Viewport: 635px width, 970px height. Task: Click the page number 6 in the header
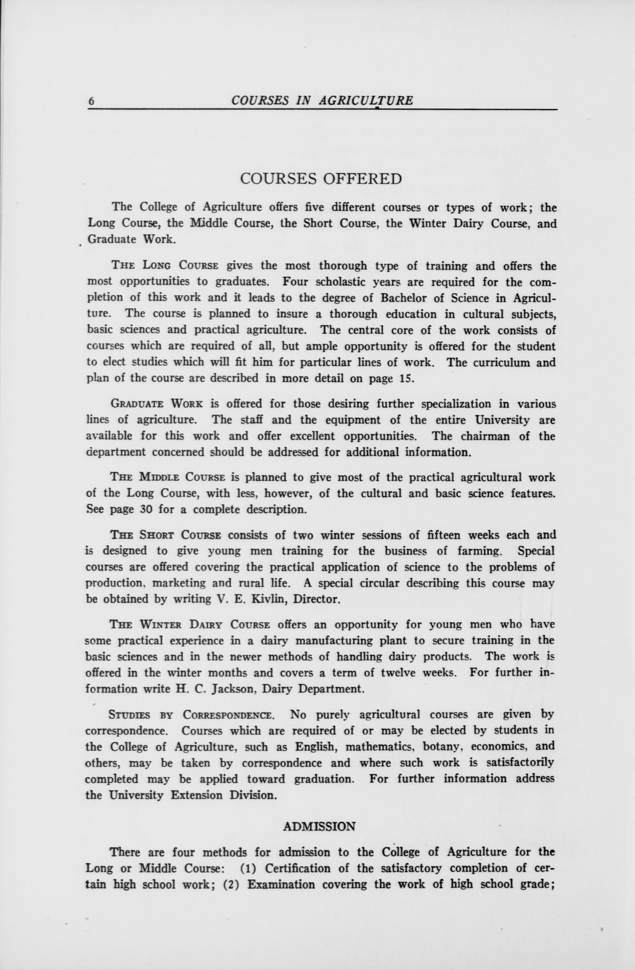click(x=92, y=101)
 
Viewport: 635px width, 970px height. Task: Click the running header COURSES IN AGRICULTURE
click(x=322, y=101)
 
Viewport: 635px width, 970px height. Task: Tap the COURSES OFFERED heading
click(x=321, y=179)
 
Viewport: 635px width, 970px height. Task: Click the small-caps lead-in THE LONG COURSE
click(x=165, y=266)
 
